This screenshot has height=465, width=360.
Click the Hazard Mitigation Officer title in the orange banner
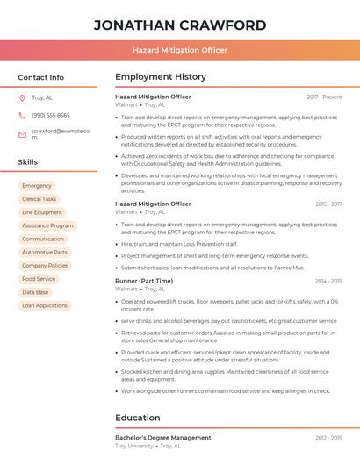click(179, 50)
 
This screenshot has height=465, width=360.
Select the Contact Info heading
click(40, 77)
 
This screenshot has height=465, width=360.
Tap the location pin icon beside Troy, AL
click(22, 97)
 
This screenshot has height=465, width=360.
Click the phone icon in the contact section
click(22, 116)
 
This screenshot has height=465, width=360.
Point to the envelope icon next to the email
click(22, 134)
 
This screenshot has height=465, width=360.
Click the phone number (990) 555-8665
click(51, 116)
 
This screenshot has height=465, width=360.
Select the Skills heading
click(28, 162)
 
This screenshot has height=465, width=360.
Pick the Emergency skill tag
click(37, 186)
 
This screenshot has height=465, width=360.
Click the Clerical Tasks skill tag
click(39, 199)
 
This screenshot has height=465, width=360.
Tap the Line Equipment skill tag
click(42, 212)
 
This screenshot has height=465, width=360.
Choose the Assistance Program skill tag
click(47, 225)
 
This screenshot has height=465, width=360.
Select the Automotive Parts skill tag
click(45, 253)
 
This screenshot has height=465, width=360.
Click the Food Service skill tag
click(39, 279)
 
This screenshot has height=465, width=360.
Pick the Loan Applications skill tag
click(45, 305)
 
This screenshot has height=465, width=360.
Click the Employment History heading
click(161, 77)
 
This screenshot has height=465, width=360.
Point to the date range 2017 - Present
click(324, 97)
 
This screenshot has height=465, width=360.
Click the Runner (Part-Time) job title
click(144, 281)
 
